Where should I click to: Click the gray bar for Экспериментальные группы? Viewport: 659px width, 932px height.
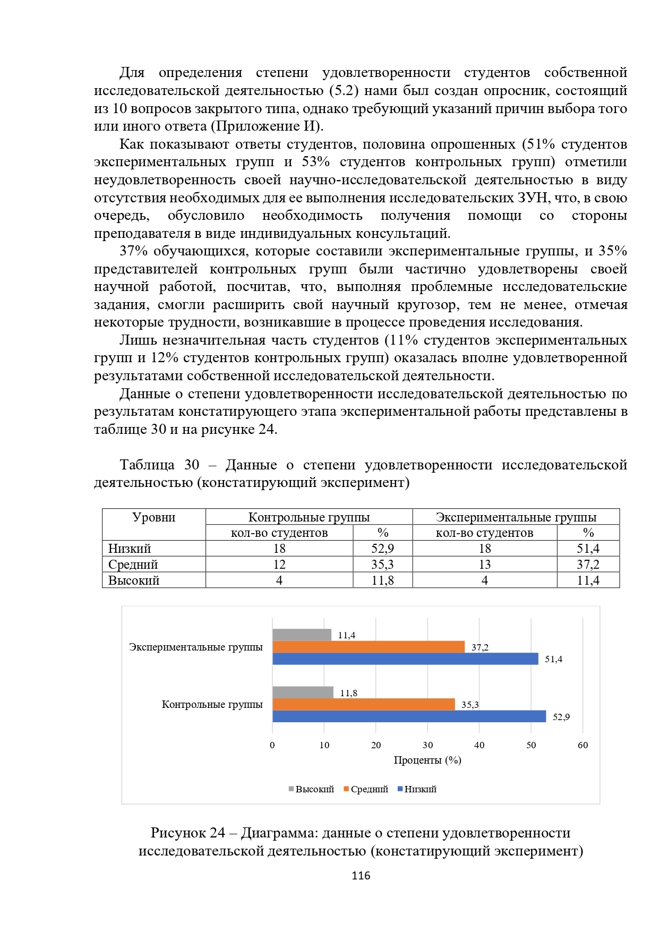pos(302,635)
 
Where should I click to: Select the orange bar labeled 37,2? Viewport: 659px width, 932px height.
pos(368,647)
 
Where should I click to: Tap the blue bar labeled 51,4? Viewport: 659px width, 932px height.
pos(405,659)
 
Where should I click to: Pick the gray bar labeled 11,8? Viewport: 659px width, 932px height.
pos(303,692)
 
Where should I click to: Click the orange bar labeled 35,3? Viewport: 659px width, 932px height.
pos(363,704)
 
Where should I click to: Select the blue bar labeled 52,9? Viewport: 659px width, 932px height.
pos(409,716)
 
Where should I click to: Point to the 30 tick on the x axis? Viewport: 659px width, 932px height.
pos(427,745)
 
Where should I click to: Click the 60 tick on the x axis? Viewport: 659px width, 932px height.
pos(583,745)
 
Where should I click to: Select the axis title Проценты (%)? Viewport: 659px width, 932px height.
pos(427,760)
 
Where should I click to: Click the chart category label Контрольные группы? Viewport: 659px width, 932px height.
pos(212,704)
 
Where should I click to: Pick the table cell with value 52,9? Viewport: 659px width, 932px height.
pos(382,549)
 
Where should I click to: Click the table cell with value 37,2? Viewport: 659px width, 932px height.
pos(588,565)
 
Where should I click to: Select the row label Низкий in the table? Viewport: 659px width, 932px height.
pos(130,549)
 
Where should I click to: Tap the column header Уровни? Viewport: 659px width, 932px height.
pos(153,517)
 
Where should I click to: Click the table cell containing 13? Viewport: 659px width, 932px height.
pos(484,565)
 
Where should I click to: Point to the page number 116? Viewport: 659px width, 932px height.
pos(361,876)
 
